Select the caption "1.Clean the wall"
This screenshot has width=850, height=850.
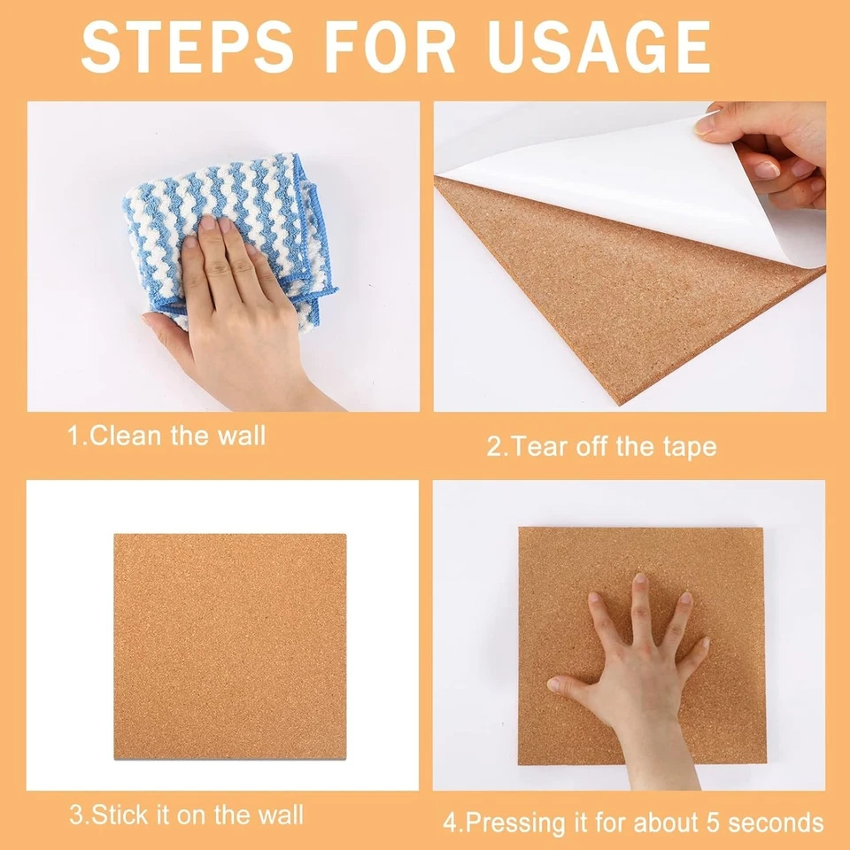[x=166, y=436]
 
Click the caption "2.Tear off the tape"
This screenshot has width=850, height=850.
[x=601, y=445]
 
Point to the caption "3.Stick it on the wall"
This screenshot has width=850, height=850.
[x=186, y=815]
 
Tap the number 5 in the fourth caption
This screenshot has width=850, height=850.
[x=691, y=823]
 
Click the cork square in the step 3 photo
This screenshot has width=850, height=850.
[x=229, y=646]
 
